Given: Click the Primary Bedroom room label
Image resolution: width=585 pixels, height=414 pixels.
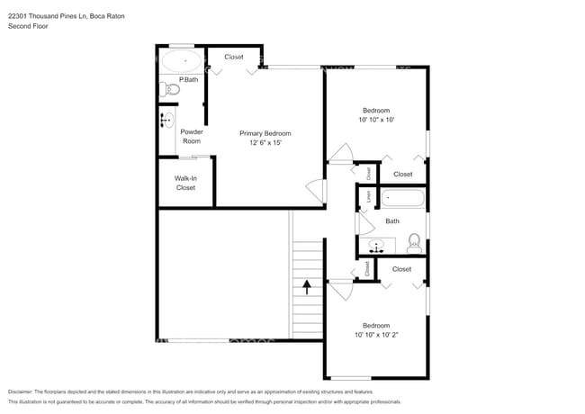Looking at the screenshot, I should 265,133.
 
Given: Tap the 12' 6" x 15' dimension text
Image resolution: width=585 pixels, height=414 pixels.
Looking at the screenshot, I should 265,143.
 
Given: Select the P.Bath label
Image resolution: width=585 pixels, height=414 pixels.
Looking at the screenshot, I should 188,80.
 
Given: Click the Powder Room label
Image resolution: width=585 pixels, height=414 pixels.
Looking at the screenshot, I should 192,137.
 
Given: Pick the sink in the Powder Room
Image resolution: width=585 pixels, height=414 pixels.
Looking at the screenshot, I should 166,120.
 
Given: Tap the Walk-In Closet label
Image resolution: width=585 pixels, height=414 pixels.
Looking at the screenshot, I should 185,183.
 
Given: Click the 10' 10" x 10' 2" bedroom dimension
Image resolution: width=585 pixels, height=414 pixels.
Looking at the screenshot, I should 376,335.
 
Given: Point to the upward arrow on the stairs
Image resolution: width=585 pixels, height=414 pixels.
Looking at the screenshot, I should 307,287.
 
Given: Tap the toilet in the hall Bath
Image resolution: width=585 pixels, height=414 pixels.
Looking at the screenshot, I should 414,241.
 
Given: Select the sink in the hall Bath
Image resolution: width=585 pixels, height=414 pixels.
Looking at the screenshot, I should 377,244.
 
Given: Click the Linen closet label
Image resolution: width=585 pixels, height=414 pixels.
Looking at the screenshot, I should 367,195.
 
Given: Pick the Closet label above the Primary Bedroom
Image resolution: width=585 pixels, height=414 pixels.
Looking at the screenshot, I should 234,58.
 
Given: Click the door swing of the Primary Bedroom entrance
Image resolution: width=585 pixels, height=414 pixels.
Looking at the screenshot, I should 315,191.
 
